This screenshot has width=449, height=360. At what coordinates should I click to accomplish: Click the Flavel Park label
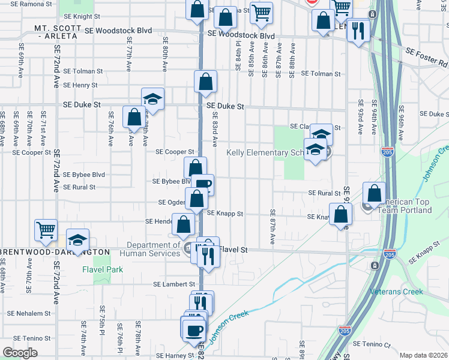[103, 269]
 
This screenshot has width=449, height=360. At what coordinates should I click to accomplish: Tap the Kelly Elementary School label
[266, 153]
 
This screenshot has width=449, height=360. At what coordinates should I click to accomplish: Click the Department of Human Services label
[151, 249]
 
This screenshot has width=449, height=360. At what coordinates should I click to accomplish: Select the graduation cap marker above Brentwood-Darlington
[77, 241]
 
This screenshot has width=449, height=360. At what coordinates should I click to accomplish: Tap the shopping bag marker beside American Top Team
[374, 194]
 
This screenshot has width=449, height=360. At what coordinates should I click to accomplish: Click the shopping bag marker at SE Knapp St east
[340, 215]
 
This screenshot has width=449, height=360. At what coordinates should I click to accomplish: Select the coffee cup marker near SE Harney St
[193, 330]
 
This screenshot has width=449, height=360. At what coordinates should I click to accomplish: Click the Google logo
[20, 353]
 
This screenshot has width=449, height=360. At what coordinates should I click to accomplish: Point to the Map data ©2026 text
[423, 355]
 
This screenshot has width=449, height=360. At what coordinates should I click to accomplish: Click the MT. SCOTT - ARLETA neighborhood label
[56, 32]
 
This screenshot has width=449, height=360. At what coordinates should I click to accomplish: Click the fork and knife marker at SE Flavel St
[208, 256]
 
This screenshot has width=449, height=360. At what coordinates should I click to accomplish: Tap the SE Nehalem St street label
[29, 313]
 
